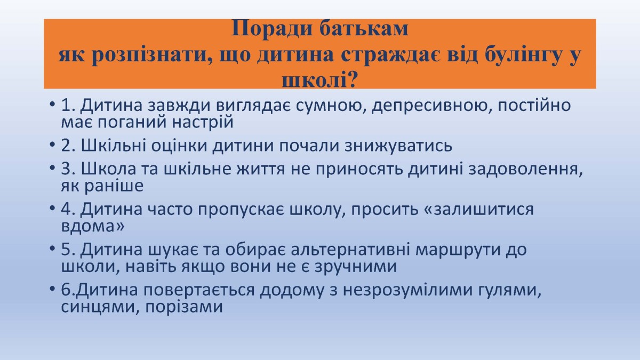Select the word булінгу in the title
(x=523, y=55)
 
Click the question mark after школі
(x=353, y=79)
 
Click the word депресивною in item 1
(x=431, y=106)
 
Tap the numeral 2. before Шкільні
(x=68, y=145)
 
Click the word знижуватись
(x=398, y=146)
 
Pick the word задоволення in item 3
(x=525, y=169)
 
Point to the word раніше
(x=114, y=186)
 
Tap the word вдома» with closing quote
(x=93, y=226)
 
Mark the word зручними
(x=356, y=267)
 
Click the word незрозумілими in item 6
(x=407, y=290)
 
